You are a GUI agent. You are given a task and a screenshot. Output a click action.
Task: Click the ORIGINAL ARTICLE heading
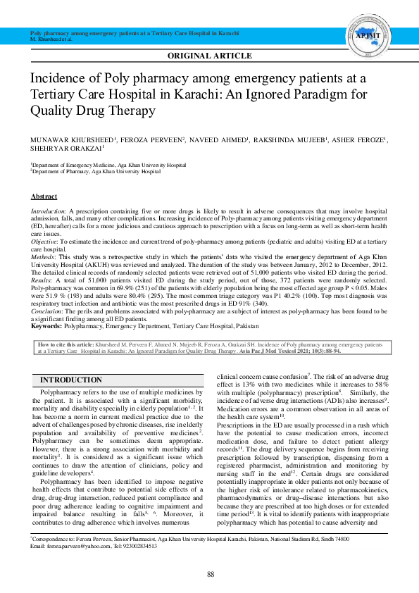pos(209,56)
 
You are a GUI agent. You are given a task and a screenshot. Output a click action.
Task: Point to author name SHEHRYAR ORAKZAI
pos(66,149)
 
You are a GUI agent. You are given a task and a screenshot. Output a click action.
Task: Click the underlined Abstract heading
pos(44,196)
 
